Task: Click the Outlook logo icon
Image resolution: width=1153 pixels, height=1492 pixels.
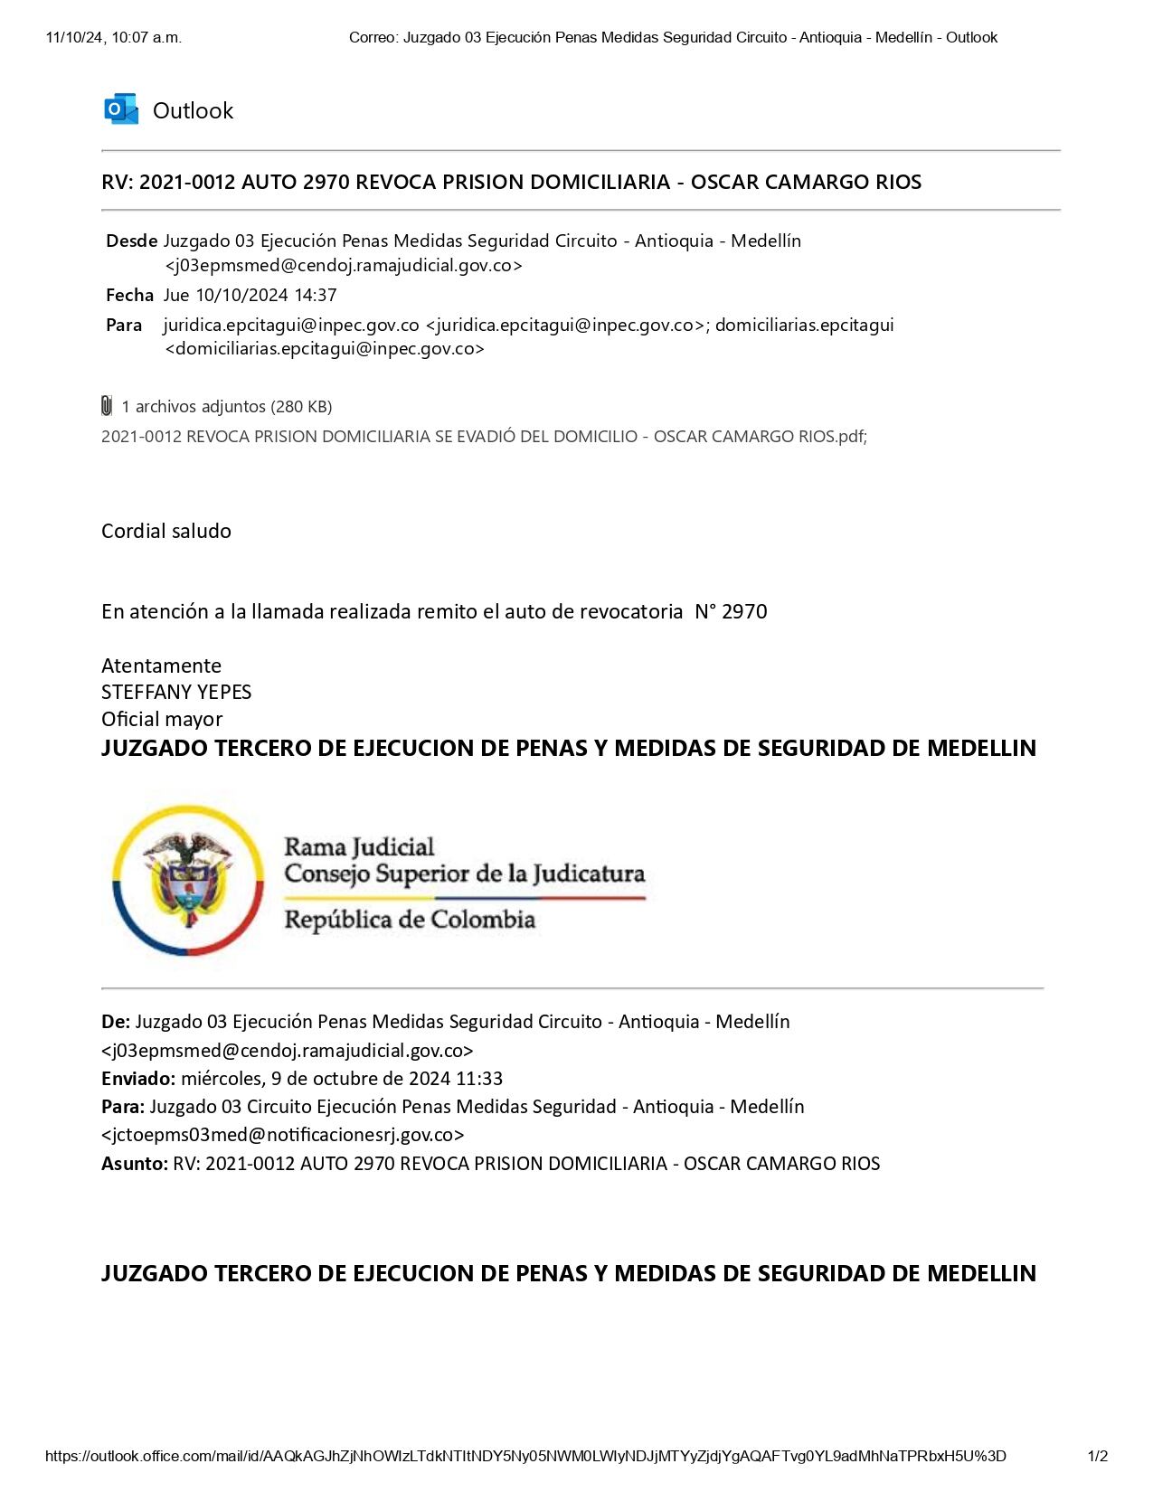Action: point(121,109)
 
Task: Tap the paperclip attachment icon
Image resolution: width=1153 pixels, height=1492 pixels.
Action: point(107,406)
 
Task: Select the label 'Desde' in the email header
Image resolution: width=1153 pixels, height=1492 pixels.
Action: point(131,241)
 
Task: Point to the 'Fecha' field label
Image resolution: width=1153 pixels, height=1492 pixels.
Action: point(129,296)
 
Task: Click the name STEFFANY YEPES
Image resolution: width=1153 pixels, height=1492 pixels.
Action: point(176,693)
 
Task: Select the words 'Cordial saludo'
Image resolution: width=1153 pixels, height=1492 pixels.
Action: point(166,531)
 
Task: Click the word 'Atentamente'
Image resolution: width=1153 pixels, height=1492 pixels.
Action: point(161,666)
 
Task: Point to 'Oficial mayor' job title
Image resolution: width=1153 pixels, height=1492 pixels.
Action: point(162,720)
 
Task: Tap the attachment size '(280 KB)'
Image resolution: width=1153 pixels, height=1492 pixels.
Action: point(301,407)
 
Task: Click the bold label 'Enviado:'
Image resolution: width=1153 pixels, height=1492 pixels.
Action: point(138,1079)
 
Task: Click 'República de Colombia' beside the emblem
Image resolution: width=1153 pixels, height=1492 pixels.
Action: point(410,921)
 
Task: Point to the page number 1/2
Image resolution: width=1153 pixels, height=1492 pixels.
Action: point(1098,1457)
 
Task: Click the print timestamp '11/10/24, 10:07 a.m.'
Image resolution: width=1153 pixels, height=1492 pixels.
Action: point(113,37)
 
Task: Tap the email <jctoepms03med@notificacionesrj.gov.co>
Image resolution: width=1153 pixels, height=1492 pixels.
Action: point(283,1135)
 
